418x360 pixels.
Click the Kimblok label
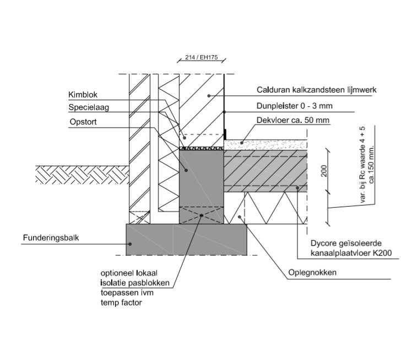(x=83, y=95)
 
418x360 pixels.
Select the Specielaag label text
(x=89, y=108)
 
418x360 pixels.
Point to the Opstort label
(x=84, y=121)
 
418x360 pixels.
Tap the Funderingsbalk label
(x=51, y=239)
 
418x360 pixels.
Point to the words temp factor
(x=117, y=303)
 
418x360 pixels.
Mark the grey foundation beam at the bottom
(x=186, y=239)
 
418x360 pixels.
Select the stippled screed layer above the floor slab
(x=264, y=144)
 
